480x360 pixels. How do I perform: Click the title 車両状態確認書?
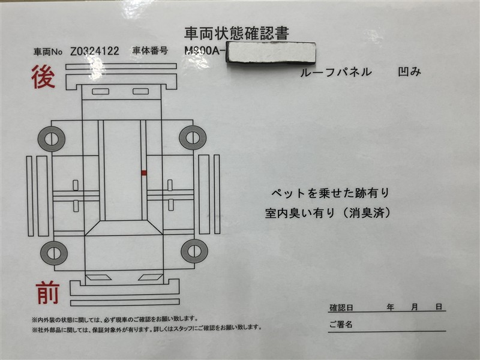pos(236,34)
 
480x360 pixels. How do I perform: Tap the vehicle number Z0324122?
pos(95,51)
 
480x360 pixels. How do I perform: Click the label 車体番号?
pos(150,50)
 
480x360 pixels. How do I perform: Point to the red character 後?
pos(43,77)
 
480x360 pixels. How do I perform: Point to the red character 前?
pos(47,293)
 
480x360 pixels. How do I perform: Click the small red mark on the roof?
pos(143,173)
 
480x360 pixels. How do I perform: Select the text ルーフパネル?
pos(336,72)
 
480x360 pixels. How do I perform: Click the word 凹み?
pos(409,71)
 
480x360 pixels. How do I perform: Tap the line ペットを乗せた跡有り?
pos(330,193)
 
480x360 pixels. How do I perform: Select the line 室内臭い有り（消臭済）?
pos(328,213)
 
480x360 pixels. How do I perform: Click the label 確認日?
pos(341,307)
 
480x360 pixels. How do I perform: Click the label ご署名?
pos(341,324)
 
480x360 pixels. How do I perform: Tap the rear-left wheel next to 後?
pos(52,139)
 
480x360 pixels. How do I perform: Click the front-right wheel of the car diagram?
pos(194,251)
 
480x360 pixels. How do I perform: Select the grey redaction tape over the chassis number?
pos(271,52)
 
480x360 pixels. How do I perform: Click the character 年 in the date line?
pos(390,307)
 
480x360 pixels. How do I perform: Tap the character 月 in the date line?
pos(415,307)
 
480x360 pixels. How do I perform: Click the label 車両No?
pos(48,52)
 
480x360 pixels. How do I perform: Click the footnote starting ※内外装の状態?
pos(115,320)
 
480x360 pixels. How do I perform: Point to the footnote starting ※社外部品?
pos(147,328)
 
